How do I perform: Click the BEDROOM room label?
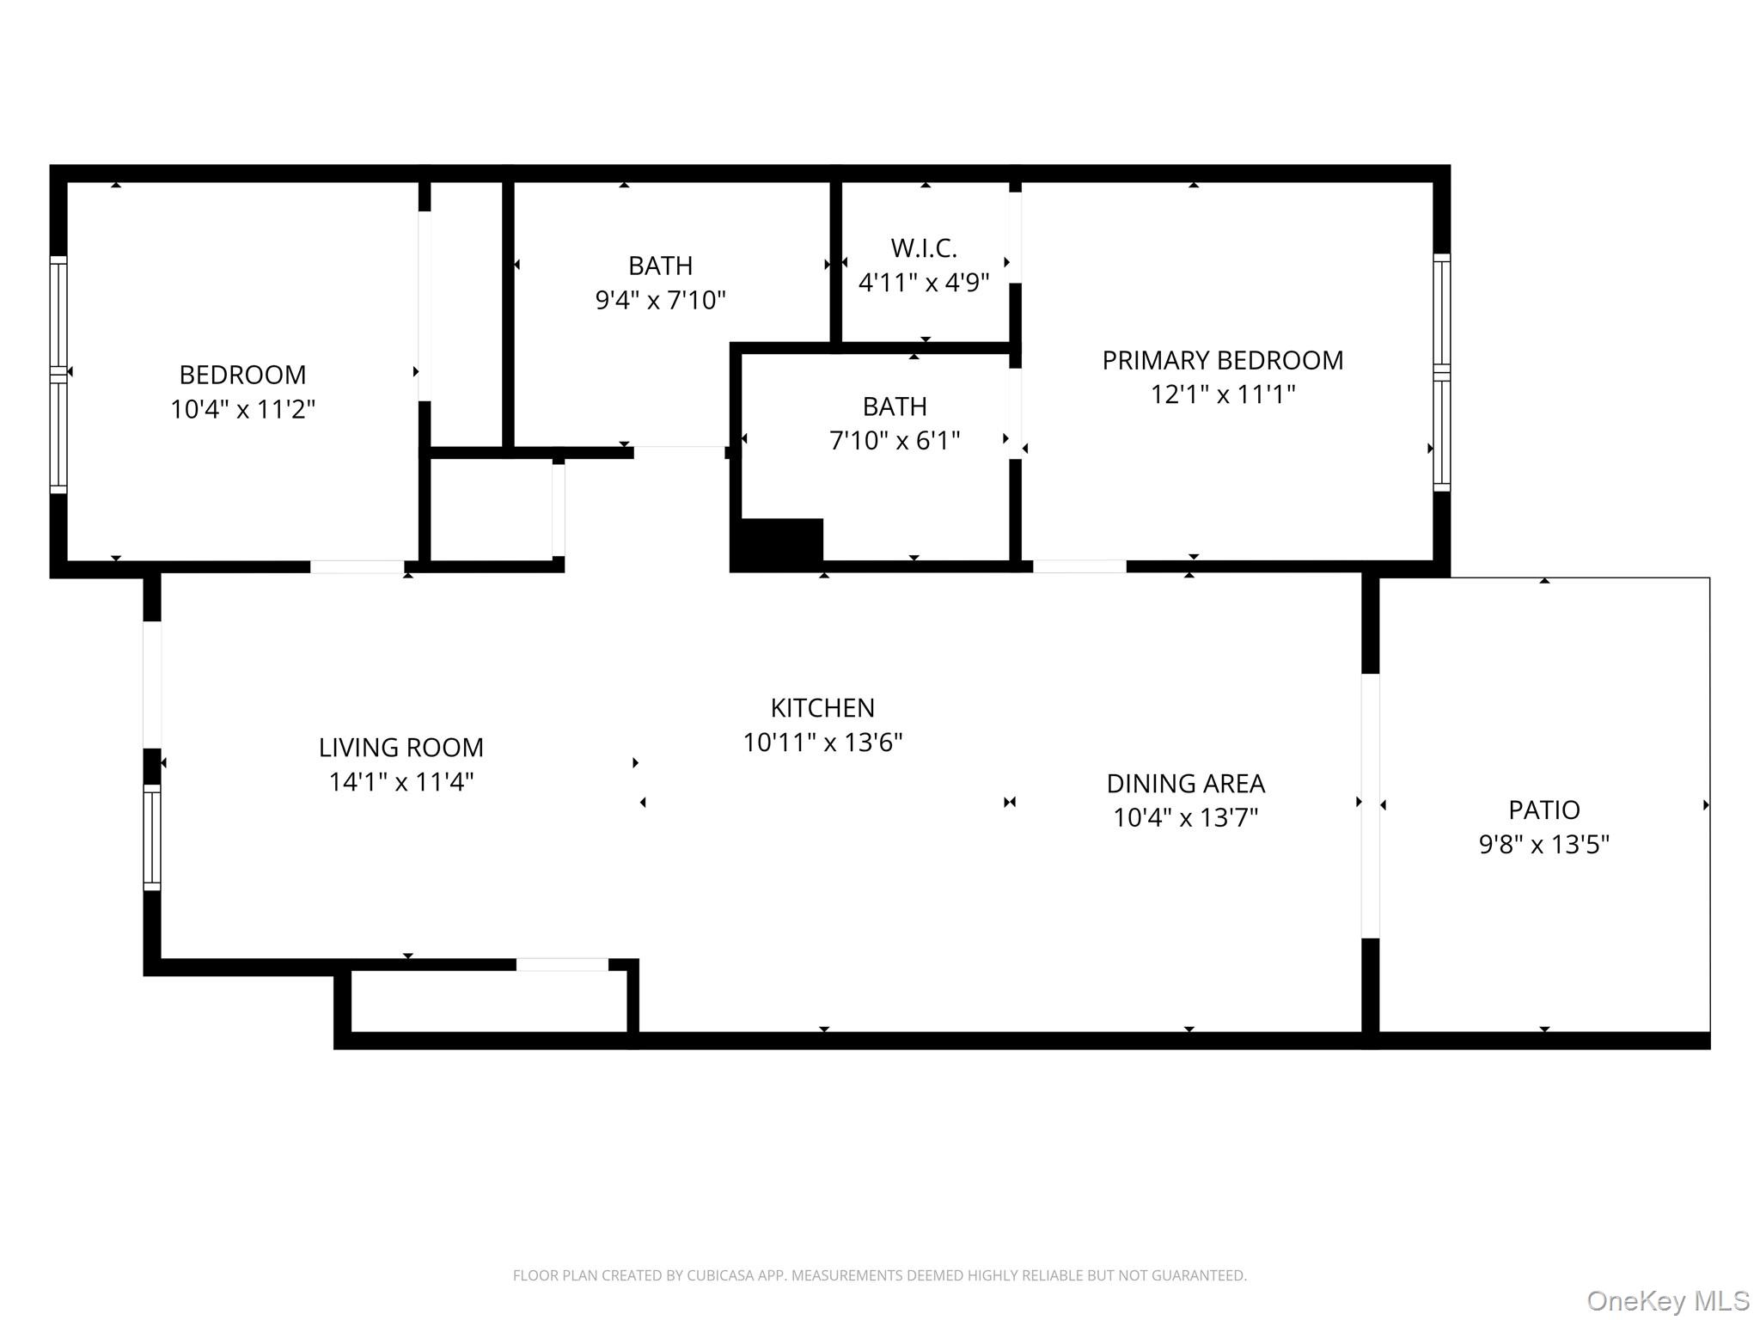pos(242,375)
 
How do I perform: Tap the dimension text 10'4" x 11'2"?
pos(242,410)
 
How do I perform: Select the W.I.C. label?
pos(924,248)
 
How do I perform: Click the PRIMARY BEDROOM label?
pos(1222,360)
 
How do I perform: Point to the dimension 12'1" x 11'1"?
pos(1222,394)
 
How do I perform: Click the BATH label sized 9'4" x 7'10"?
pos(660,266)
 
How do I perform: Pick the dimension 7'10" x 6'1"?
pos(895,441)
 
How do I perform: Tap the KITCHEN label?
pos(822,708)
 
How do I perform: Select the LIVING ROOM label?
pos(401,748)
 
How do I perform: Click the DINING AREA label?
pos(1185,784)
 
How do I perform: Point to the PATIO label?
pos(1543,810)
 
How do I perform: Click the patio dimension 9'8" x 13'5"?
pos(1543,845)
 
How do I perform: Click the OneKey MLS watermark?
pos(1667,1300)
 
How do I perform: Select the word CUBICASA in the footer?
pos(719,1275)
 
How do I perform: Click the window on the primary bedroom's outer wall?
pos(1441,372)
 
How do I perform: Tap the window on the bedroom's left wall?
pos(58,375)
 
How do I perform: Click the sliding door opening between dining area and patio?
pos(1370,805)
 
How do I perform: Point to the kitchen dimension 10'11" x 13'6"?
pos(822,742)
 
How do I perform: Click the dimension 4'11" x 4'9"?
pos(924,283)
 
